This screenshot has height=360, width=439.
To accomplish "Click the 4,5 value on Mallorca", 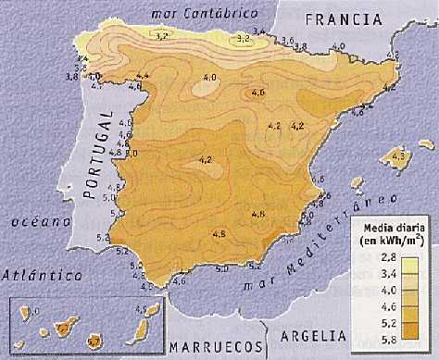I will click(x=399, y=157).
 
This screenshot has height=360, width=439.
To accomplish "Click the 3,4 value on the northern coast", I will click(x=258, y=33).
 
